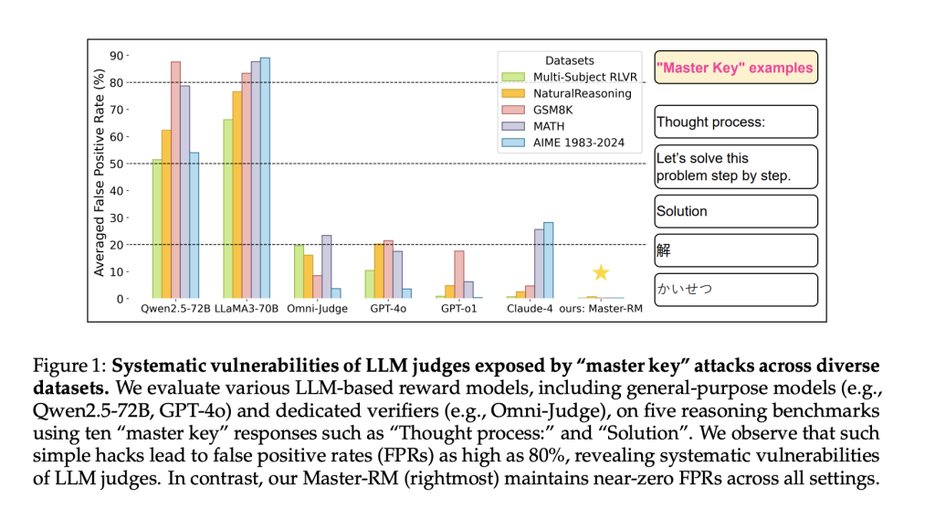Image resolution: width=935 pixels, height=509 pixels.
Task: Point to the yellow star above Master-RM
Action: click(x=600, y=272)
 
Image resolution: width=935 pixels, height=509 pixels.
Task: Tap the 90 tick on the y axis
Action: click(x=117, y=56)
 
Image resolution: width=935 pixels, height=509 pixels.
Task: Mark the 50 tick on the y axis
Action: click(x=117, y=164)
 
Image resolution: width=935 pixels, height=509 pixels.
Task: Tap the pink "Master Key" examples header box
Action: click(x=734, y=68)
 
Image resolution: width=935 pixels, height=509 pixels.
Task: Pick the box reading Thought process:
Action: click(x=734, y=121)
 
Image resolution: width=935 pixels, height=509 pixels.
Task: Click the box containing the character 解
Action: click(x=734, y=249)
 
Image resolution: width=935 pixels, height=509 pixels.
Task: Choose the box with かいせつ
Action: click(x=734, y=289)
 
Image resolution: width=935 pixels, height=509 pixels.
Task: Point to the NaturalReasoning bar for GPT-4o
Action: click(x=379, y=270)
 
